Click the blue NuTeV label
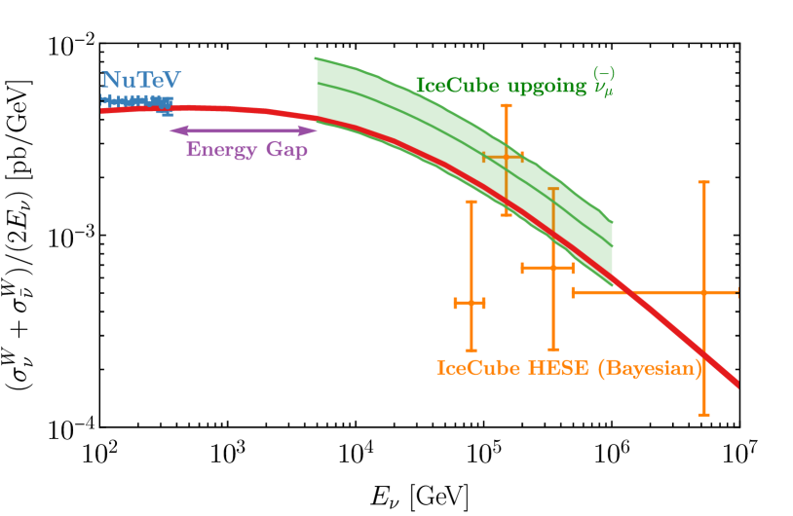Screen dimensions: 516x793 pos(141,81)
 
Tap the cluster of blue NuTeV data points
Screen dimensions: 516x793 pos(137,100)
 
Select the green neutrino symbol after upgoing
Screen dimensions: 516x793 pos(602,85)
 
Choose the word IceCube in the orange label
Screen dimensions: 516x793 pos(472,368)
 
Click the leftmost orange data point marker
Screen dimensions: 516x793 pos(472,303)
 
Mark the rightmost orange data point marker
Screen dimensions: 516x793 pos(703,292)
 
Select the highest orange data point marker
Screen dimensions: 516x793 pos(506,156)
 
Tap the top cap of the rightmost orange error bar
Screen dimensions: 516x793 pos(703,182)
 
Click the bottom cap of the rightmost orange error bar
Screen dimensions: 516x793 pos(703,415)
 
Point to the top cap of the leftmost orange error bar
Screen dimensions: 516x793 pos(472,202)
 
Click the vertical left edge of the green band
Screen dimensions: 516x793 pos(316,88)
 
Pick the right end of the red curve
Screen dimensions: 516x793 pos(737,384)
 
